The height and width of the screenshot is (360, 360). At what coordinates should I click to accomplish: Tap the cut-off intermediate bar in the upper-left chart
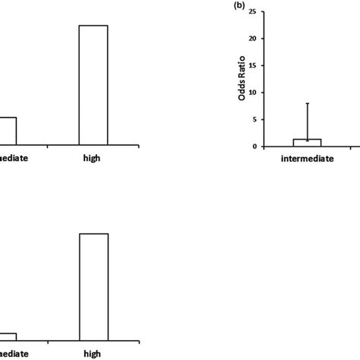point(8,131)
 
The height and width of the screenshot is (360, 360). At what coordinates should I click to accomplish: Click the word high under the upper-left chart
point(93,158)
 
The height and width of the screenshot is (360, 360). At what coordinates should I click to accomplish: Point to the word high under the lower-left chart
point(93,354)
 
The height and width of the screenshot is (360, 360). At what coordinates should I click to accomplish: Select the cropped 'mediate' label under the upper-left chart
point(15,158)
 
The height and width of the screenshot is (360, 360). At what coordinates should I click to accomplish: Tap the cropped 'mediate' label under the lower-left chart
point(15,354)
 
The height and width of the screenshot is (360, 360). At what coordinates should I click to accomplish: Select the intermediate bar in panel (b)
point(307,143)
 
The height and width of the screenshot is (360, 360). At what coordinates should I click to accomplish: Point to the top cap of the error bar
point(307,103)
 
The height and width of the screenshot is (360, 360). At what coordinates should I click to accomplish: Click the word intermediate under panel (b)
point(307,161)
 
